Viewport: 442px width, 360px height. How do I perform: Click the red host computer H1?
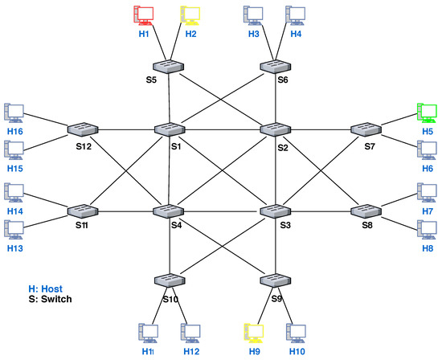pyautogui.click(x=144, y=15)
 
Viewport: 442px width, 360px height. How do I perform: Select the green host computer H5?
pyautogui.click(x=426, y=112)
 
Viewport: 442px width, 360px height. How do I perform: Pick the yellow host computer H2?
pyautogui.click(x=190, y=15)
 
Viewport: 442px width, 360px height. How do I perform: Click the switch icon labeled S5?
pyautogui.click(x=169, y=66)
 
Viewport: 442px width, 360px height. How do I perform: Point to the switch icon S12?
pyautogui.click(x=82, y=129)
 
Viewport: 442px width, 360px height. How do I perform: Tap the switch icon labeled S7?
pyautogui.click(x=368, y=129)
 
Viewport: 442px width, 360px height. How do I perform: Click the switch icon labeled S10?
pyautogui.click(x=169, y=281)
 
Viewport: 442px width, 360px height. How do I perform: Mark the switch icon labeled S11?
pyautogui.click(x=82, y=211)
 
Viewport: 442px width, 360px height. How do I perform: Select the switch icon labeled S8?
pyautogui.click(x=368, y=211)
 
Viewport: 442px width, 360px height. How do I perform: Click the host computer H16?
pyautogui.click(x=14, y=112)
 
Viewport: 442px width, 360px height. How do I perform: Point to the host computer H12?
pyautogui.click(x=190, y=331)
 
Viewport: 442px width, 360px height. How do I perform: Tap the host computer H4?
pyautogui.click(x=297, y=15)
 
